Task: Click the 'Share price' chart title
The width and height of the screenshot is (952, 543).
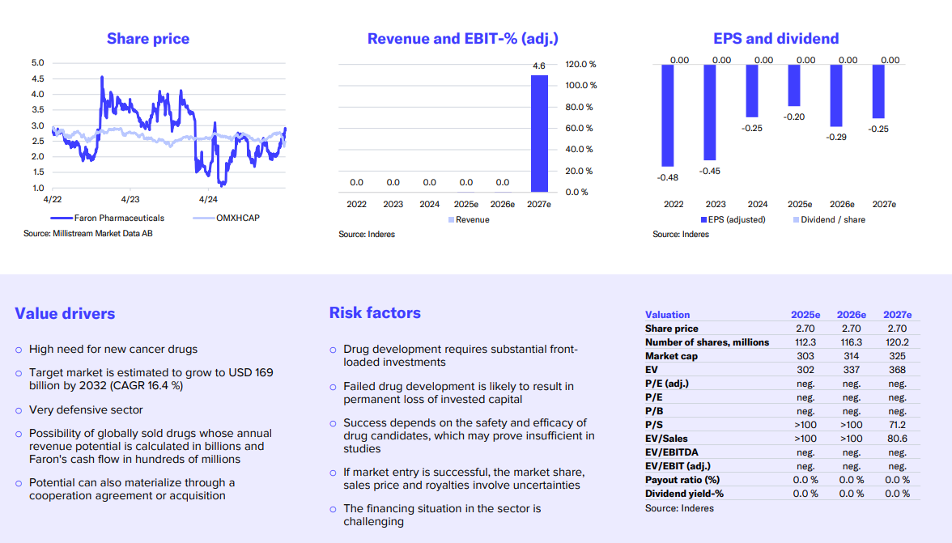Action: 148,39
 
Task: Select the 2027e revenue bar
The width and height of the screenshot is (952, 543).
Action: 539,134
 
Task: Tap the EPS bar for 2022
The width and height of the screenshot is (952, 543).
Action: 668,115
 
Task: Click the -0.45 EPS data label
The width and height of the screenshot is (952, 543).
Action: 710,172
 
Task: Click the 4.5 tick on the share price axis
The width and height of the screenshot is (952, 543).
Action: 37,78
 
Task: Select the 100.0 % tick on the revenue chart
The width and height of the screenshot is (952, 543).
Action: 580,86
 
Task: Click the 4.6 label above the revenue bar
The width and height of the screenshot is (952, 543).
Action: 539,66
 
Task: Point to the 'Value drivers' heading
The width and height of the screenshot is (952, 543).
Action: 65,314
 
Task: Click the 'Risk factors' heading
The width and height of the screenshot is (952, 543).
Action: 375,313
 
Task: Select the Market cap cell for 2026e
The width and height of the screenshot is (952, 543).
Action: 851,356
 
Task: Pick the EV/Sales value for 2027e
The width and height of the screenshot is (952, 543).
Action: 897,439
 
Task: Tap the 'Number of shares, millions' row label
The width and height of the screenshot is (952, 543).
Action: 707,342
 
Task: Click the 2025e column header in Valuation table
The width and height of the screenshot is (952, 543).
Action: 805,315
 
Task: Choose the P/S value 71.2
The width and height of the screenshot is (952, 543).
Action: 897,425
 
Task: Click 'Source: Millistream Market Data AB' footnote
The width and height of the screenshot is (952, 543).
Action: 88,234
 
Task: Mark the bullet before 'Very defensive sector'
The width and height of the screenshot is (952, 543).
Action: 19,410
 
